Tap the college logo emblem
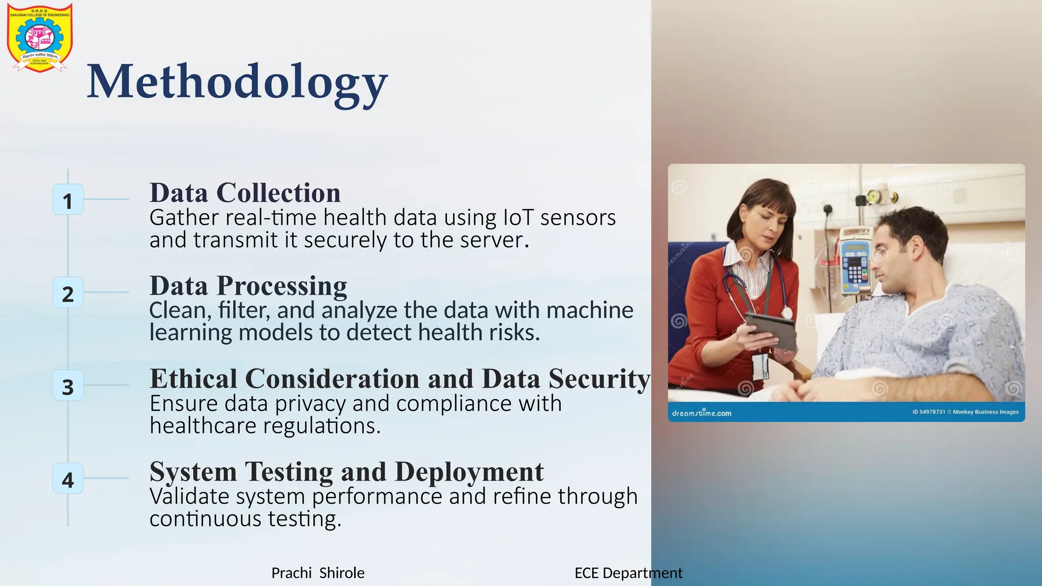(40, 38)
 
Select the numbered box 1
(68, 200)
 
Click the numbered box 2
(68, 293)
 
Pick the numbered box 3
(68, 386)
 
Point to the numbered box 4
(68, 479)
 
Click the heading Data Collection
(245, 193)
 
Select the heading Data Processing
(248, 286)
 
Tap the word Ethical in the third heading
(193, 379)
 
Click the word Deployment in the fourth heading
(469, 472)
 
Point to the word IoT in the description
(518, 218)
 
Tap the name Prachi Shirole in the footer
(317, 573)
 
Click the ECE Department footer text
(628, 573)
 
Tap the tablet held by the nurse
(770, 330)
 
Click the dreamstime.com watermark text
(702, 413)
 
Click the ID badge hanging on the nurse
(760, 366)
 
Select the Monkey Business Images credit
(986, 412)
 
